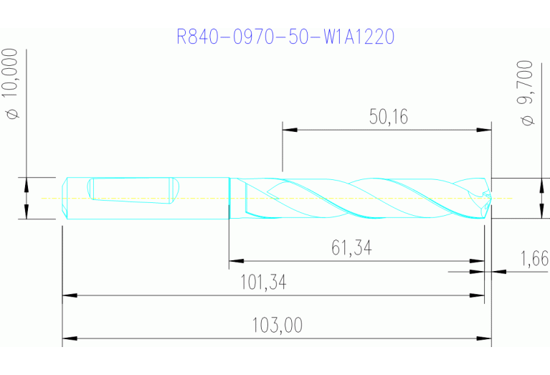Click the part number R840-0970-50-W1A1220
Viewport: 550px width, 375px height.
pos(285,37)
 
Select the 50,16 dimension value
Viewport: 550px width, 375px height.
pos(389,117)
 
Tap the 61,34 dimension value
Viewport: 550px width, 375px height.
pos(351,248)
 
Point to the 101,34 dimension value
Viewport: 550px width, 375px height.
pos(262,283)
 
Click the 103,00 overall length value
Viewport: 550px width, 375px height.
pos(277,326)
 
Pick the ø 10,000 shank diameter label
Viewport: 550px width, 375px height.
pos(12,84)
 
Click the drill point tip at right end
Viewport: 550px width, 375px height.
pos(489,197)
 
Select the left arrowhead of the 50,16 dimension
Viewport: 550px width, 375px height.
pos(289,130)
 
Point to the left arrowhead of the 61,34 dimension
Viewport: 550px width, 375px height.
pos(235,261)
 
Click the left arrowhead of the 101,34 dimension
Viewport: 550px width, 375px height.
pos(69,295)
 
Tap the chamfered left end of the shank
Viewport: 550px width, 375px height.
pos(65,197)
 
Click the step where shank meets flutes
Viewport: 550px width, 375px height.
pos(229,197)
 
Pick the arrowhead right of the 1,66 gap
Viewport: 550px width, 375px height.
pos(498,272)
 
